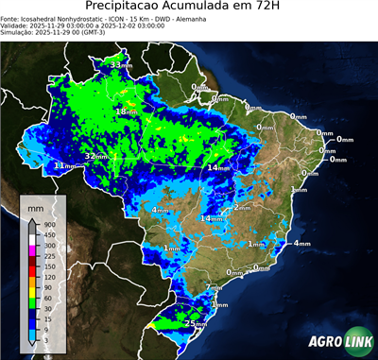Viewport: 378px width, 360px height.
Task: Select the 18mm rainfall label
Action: pos(125,111)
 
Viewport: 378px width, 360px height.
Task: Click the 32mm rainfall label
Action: pos(95,156)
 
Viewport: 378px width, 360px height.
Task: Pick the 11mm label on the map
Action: pos(63,165)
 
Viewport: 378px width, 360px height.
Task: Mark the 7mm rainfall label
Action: pos(214,287)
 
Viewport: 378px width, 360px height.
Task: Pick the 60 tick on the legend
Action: pos(44,300)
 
